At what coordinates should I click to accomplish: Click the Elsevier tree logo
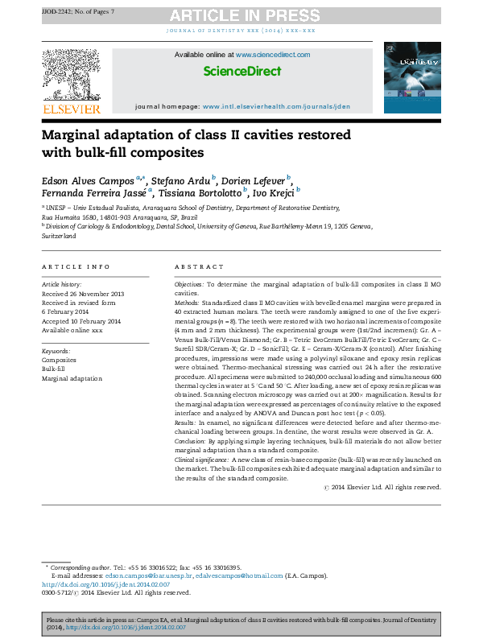70,73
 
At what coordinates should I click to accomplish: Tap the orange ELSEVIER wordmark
71,109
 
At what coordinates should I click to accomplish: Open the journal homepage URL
276,106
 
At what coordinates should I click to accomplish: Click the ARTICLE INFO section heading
76,266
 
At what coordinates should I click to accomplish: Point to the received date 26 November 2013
83,293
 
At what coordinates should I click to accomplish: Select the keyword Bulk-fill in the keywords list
55,369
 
